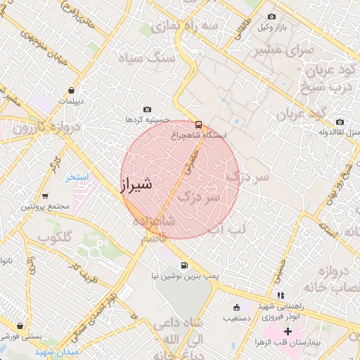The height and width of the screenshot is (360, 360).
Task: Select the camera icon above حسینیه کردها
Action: click(147, 109)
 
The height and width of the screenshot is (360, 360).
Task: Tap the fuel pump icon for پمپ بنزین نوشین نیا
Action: click(184, 265)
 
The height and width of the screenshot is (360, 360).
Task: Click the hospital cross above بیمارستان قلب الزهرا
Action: click(288, 330)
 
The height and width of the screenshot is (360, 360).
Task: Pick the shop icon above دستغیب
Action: click(236, 307)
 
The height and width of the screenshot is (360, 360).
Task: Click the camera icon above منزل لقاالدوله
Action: click(340, 122)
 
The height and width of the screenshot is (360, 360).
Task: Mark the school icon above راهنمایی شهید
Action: click(281, 295)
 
